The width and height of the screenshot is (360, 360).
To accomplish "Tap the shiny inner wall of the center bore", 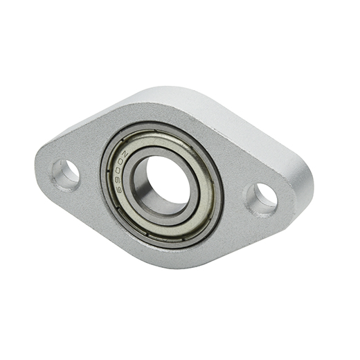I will click(x=142, y=188).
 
